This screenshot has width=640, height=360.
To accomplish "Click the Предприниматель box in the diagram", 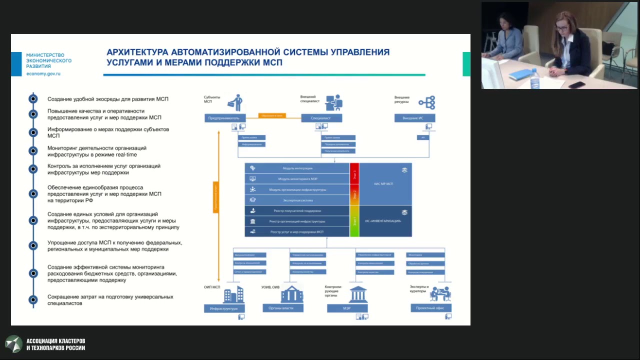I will pos(225,118).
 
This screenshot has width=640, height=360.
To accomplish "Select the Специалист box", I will pos(321,118).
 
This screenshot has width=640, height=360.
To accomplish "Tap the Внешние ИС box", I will pos(414,118).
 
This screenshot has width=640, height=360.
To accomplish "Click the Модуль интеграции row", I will pos(297,168).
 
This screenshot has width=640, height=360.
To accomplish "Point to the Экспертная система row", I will pos(297,200).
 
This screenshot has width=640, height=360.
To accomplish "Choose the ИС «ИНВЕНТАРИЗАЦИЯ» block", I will pos(385,220).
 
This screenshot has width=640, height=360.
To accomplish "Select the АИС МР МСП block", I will pos(385,183).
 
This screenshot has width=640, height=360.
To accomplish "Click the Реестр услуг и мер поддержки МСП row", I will pos(297,231).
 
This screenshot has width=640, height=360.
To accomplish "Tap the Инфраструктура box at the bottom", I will pos(224,308).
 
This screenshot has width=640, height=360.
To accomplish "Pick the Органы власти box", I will pos(281,308).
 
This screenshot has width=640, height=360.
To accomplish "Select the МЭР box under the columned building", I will pos(347,308).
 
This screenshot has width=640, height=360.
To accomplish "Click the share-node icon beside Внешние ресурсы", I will pos(427,102).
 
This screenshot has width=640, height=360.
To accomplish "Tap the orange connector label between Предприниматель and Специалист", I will pos(272,115).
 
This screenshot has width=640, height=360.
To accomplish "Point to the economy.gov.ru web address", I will pos(43,73).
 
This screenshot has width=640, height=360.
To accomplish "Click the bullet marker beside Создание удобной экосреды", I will pos(33,99).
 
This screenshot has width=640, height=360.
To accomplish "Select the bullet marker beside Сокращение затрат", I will pos(33,299).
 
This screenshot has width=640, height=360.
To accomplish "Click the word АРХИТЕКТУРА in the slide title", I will pos(137,52).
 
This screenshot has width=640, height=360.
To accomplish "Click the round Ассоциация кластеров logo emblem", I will pos(13,343).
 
